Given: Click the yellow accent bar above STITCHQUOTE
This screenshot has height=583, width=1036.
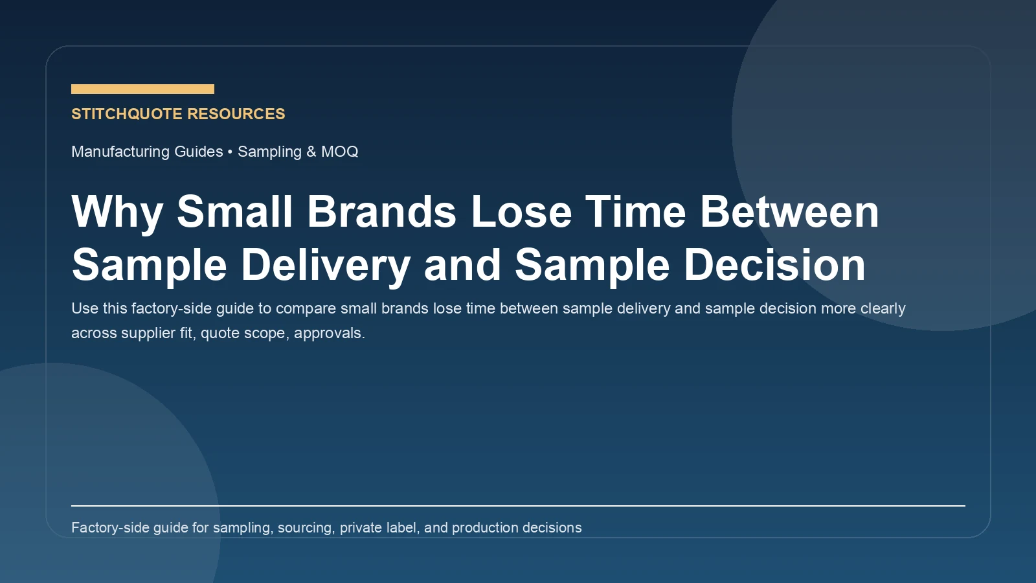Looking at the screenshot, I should tap(142, 89).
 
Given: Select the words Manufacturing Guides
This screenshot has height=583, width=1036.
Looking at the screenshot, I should tap(147, 152).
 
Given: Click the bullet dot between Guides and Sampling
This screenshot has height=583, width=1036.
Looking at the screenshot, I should tap(230, 152).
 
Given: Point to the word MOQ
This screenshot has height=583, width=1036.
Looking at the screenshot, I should tap(339, 152).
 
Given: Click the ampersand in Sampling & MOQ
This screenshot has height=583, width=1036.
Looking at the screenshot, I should tap(311, 152).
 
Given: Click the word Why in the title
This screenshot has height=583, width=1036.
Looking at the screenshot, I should tap(117, 212).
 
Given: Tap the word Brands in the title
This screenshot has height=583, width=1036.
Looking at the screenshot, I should tap(382, 212).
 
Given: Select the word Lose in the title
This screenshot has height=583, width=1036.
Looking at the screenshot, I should tap(521, 212).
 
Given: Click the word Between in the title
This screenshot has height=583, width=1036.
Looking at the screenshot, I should tap(789, 212).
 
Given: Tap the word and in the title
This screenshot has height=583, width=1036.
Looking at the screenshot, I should tap(462, 265).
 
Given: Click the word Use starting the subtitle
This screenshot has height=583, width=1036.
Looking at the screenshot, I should tap(85, 308).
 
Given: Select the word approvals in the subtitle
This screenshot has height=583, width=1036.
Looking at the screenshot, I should tap(328, 333).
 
